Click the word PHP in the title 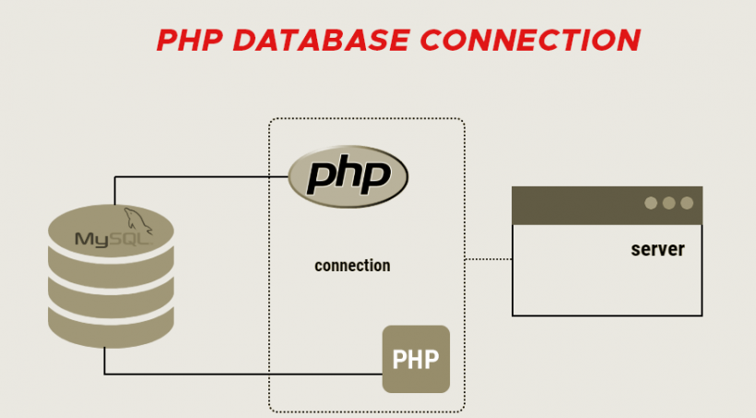click(190, 41)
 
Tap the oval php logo click(348, 174)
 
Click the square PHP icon click(416, 359)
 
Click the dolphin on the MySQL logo click(137, 219)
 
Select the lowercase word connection click(352, 266)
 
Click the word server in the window click(657, 249)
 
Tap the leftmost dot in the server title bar click(651, 203)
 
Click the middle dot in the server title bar click(668, 203)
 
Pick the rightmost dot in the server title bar click(686, 203)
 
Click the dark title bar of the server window click(572, 204)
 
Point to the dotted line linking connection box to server click(488, 259)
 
